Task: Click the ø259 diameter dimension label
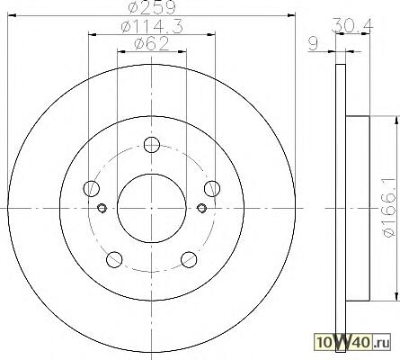pos(151,7)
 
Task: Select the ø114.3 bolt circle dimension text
pos(152,27)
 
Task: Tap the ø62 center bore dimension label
pos(152,44)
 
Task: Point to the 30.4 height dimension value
pos(352,26)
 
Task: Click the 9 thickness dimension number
pos(313,44)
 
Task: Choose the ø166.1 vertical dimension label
pos(389,207)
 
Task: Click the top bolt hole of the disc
pos(152,145)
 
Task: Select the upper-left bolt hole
pos(91,189)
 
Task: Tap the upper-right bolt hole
pos(212,189)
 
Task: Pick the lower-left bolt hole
pos(114,259)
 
